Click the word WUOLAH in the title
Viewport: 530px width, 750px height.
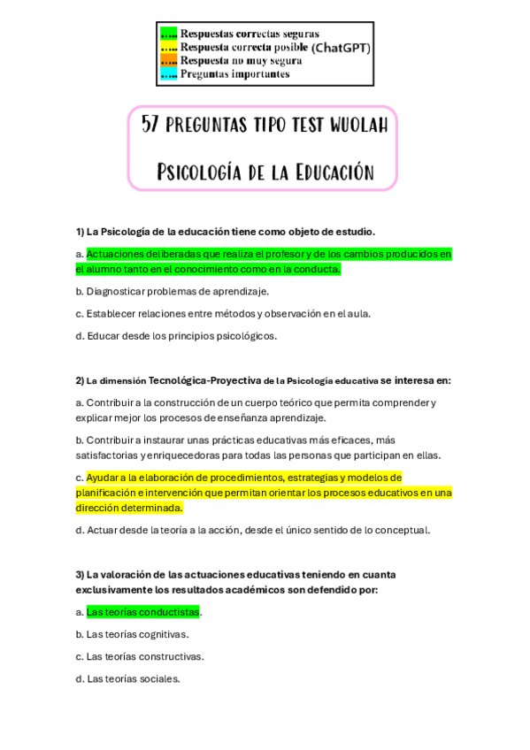pyautogui.click(x=358, y=126)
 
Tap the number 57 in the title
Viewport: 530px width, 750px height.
pyautogui.click(x=150, y=126)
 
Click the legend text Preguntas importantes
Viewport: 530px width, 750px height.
pyautogui.click(x=234, y=74)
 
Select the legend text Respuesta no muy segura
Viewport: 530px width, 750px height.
pyautogui.click(x=241, y=61)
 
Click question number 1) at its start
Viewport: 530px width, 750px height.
pyautogui.click(x=80, y=232)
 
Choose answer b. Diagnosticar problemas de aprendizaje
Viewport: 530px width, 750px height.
pyautogui.click(x=172, y=291)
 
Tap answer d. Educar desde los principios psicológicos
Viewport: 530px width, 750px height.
pyautogui.click(x=176, y=335)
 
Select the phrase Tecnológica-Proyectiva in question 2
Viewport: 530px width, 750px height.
pyautogui.click(x=204, y=380)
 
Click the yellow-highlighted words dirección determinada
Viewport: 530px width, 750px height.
pyautogui.click(x=129, y=508)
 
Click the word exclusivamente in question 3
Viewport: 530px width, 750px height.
pyautogui.click(x=113, y=589)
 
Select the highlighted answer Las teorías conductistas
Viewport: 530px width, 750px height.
pyautogui.click(x=142, y=611)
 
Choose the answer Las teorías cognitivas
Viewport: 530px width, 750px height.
pyautogui.click(x=137, y=634)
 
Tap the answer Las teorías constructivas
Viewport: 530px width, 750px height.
pyautogui.click(x=144, y=656)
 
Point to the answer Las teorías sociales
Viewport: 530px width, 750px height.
pyautogui.click(x=133, y=678)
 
